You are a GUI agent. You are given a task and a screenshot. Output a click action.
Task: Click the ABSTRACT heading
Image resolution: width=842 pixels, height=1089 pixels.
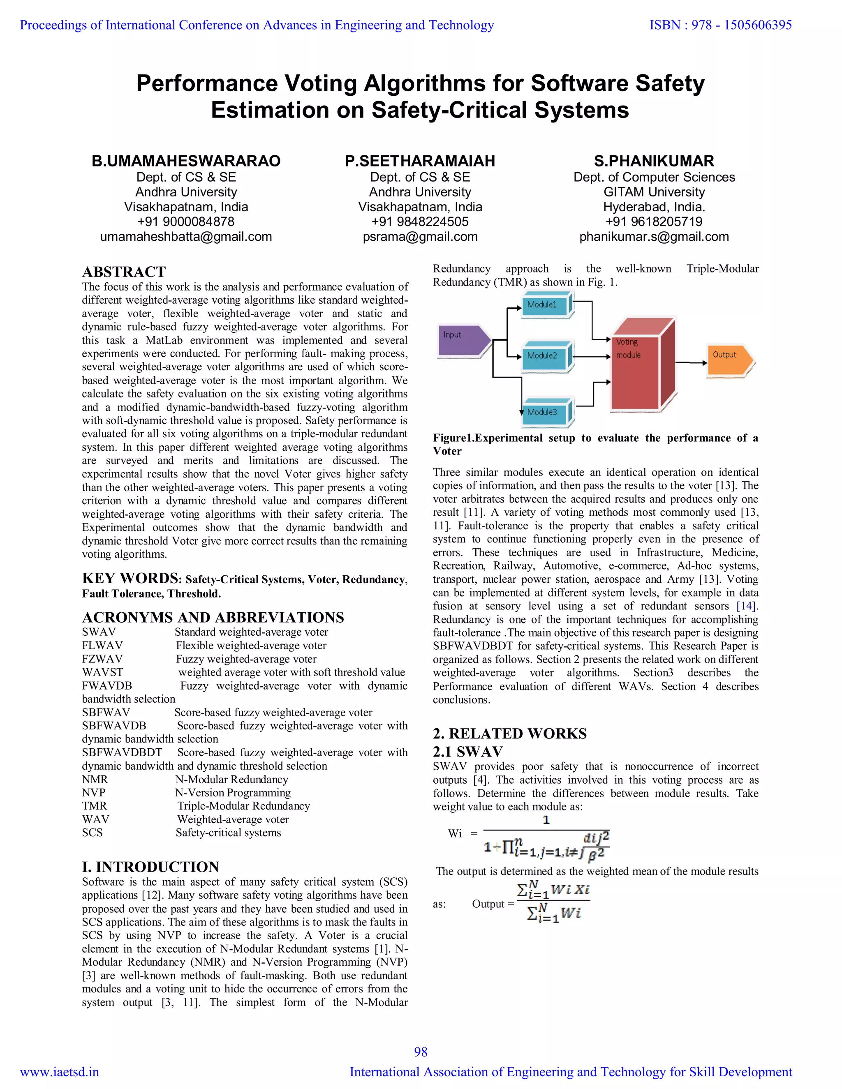click(x=124, y=272)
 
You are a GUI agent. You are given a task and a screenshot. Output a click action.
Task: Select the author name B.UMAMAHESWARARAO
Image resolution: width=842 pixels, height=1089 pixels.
click(x=186, y=161)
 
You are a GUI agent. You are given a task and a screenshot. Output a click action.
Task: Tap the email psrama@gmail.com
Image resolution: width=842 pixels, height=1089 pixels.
click(x=420, y=237)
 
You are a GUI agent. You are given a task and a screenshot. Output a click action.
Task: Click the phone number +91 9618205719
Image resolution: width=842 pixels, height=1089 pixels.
click(x=654, y=222)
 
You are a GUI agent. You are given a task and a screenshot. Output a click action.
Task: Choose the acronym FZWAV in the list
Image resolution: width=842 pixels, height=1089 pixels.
click(x=102, y=659)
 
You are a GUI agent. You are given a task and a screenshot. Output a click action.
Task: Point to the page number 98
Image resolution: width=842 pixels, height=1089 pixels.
click(x=421, y=1051)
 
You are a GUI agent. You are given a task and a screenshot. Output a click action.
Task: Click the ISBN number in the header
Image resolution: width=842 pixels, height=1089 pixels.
click(x=720, y=25)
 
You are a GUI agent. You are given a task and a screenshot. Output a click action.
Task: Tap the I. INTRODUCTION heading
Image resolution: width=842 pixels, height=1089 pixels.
click(x=150, y=866)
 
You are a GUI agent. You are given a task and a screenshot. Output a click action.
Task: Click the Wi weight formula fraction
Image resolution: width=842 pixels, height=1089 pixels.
click(x=546, y=839)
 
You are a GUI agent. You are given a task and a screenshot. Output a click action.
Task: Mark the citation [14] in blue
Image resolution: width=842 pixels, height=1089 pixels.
click(x=747, y=606)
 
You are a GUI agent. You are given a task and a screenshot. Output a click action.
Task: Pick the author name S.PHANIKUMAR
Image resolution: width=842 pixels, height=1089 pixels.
click(x=654, y=161)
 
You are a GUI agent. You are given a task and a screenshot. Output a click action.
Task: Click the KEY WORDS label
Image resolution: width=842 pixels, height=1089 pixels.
click(x=131, y=579)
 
